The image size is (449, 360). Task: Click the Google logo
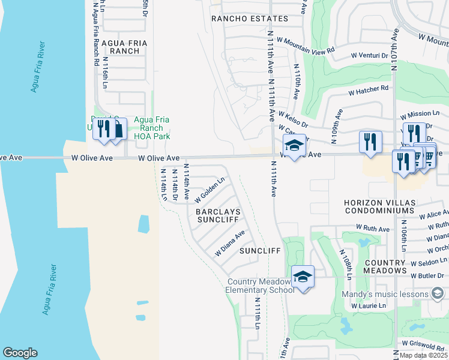[20, 353]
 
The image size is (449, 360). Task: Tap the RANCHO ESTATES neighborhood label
[250, 19]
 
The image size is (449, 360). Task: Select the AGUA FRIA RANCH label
[121, 47]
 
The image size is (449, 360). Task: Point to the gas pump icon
[119, 129]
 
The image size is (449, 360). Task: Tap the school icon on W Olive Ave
[294, 146]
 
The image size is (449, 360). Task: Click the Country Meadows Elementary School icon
[303, 277]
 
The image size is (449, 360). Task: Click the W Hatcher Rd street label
[369, 91]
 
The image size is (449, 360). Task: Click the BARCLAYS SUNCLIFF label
[217, 216]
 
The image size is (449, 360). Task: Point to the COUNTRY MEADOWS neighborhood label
[385, 266]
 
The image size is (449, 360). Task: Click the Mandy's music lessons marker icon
[438, 293]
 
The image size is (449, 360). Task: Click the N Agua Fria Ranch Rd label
[96, 33]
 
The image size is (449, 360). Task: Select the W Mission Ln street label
[420, 113]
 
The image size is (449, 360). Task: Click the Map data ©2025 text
[424, 355]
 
